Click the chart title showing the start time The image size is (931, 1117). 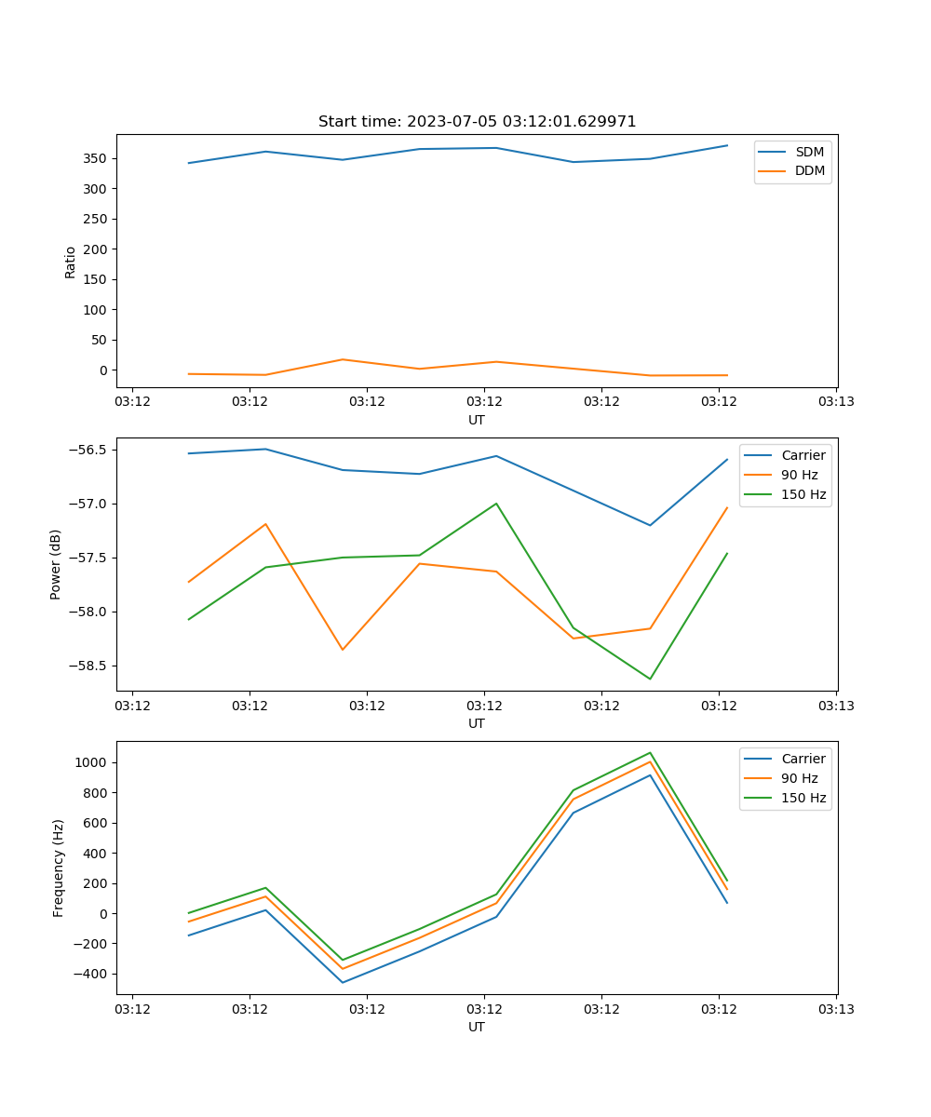coord(477,122)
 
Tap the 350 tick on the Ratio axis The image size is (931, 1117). coord(97,158)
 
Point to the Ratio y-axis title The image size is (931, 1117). coord(71,262)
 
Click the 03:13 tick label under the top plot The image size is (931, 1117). coord(835,402)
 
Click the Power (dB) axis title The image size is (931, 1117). coord(56,564)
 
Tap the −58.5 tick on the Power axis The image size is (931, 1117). coord(88,666)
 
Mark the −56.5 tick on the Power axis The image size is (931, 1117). coord(88,450)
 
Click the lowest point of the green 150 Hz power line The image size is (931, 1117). coord(650,679)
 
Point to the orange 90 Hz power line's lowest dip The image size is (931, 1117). coord(343,650)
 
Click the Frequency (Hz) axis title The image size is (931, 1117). coord(59,868)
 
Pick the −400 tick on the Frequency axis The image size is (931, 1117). coord(90,974)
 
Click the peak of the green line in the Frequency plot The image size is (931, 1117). coord(650,753)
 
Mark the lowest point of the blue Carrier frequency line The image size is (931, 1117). coord(343,983)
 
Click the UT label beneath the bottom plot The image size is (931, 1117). coord(477,1027)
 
